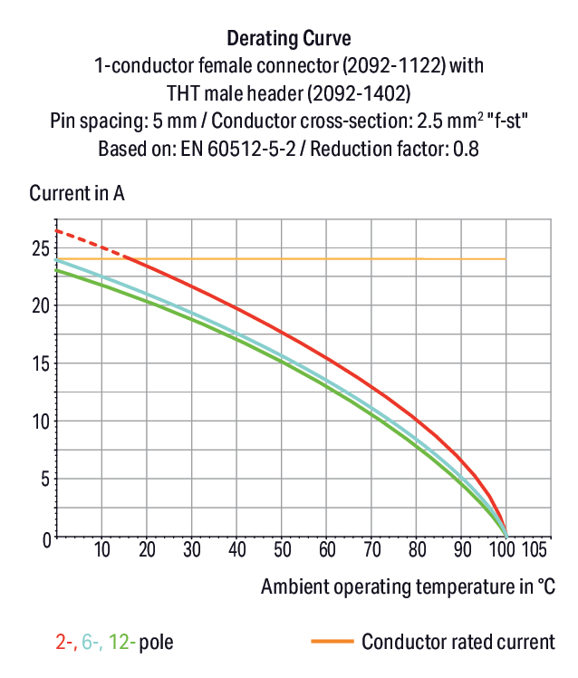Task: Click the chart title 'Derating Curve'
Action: (289, 38)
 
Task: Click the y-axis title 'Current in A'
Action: (77, 193)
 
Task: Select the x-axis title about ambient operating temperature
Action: (408, 586)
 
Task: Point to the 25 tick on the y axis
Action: (41, 248)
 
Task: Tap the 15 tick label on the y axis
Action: (41, 363)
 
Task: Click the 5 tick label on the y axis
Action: (45, 479)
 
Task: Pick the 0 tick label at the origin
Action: (47, 540)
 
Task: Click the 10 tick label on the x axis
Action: (102, 549)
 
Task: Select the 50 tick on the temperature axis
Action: (282, 549)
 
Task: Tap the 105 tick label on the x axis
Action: (535, 549)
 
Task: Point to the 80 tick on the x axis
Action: (417, 549)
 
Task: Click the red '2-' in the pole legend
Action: (66, 642)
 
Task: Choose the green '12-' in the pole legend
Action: (121, 642)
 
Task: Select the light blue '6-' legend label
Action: (92, 642)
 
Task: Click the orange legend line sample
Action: (332, 641)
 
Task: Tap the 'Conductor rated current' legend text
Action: (458, 642)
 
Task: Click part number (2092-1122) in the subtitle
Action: (394, 66)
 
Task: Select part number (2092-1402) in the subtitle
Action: (359, 93)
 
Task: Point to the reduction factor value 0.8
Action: (466, 149)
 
